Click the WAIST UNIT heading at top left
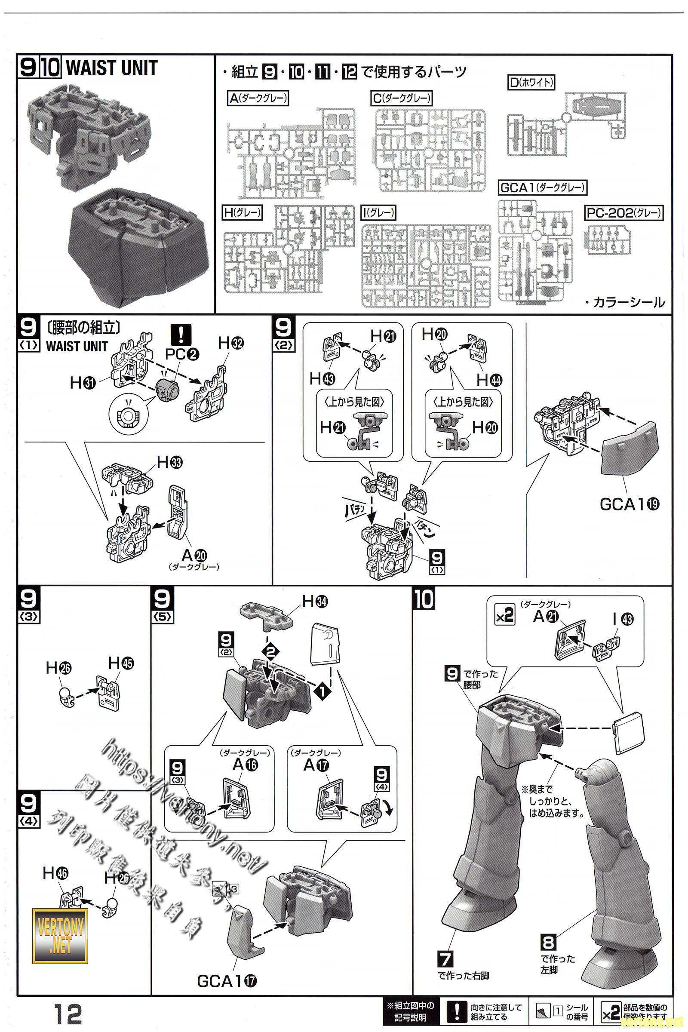tap(111, 68)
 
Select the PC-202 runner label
tap(624, 213)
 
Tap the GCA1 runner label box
tap(543, 188)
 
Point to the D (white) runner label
tap(531, 83)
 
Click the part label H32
tap(231, 344)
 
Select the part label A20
tap(194, 556)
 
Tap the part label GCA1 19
tap(629, 504)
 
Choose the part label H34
tap(315, 602)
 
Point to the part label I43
tap(623, 619)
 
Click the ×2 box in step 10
tap(504, 616)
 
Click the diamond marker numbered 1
tap(322, 692)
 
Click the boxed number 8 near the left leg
tap(549, 942)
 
